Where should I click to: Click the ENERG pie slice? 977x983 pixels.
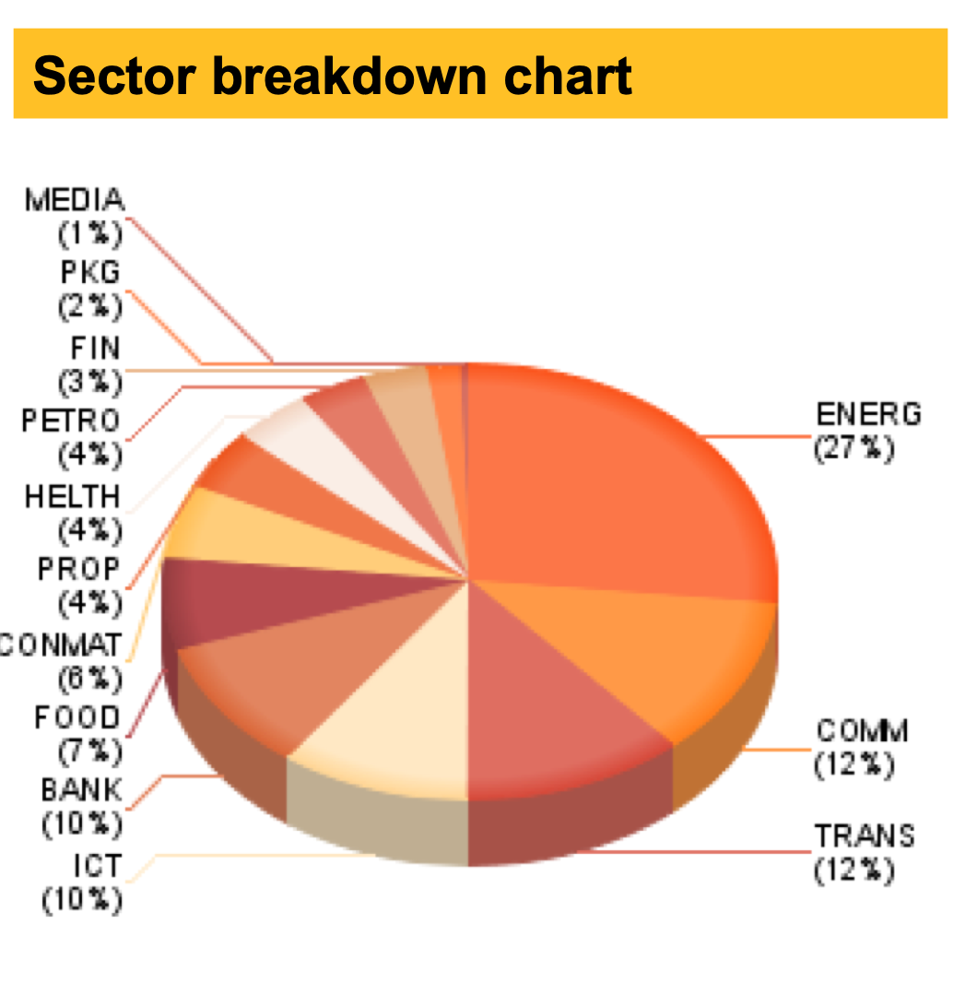(608, 480)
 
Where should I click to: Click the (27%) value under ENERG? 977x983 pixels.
(853, 449)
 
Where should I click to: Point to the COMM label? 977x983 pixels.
(863, 731)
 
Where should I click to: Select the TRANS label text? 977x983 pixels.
(865, 836)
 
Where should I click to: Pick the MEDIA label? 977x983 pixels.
(75, 199)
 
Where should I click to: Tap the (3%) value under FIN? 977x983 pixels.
(89, 381)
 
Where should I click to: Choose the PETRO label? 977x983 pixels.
(71, 421)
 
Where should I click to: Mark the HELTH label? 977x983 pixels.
(73, 496)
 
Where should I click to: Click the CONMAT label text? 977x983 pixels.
(61, 644)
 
